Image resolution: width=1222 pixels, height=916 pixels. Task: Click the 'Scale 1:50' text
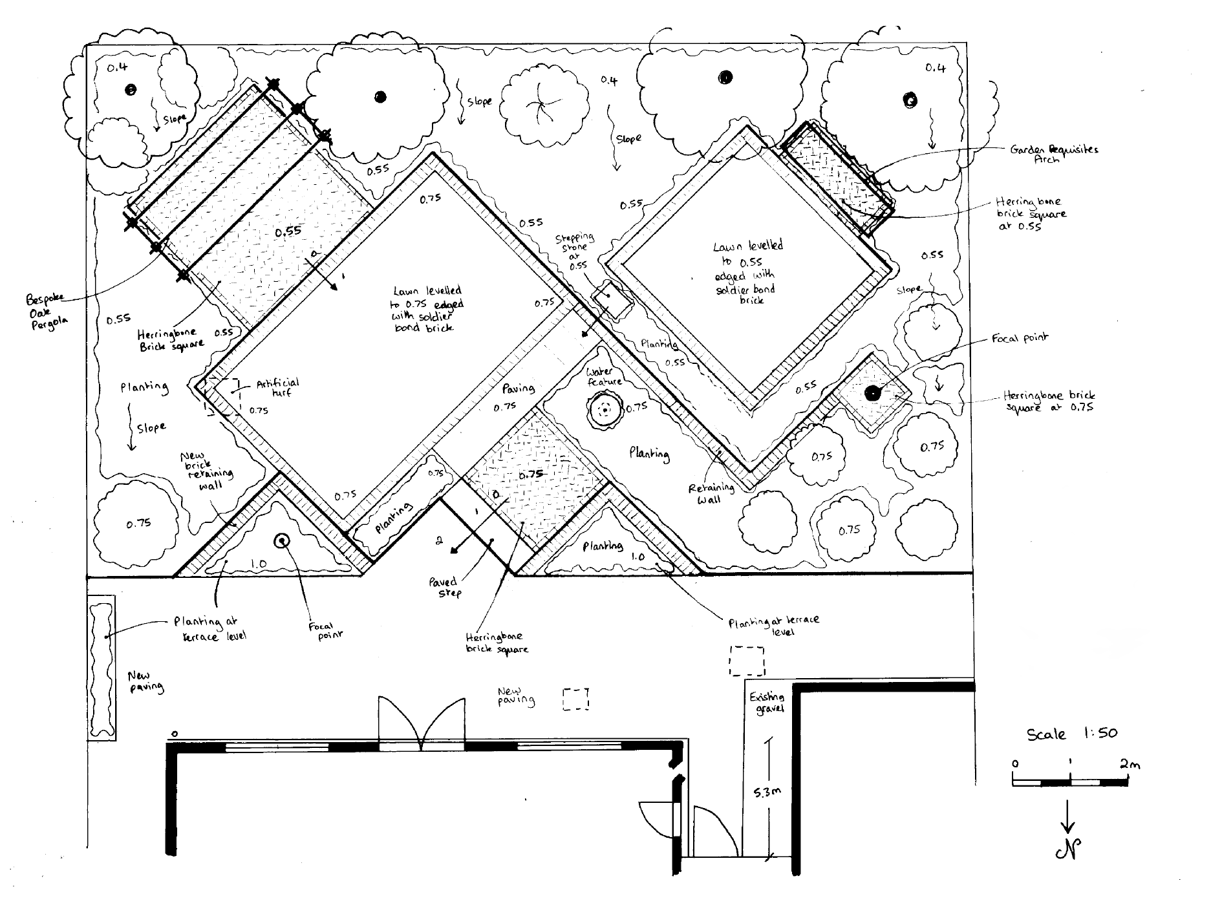point(1072,734)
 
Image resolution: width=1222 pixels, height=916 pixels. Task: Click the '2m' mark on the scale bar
point(1130,764)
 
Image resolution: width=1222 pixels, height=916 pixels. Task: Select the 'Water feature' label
point(604,377)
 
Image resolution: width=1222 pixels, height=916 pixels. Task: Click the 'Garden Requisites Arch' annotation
point(1053,154)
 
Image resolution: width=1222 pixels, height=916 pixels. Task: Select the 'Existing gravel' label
point(767,703)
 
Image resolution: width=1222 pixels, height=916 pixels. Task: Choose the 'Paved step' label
point(444,586)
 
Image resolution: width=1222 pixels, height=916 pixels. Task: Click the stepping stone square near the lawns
point(612,299)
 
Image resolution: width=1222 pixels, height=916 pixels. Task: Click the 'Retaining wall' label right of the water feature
point(711,494)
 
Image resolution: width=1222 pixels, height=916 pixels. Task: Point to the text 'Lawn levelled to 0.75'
point(427,308)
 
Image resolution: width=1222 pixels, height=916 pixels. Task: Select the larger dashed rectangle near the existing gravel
point(747,660)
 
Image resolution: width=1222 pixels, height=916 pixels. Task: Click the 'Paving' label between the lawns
point(518,388)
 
